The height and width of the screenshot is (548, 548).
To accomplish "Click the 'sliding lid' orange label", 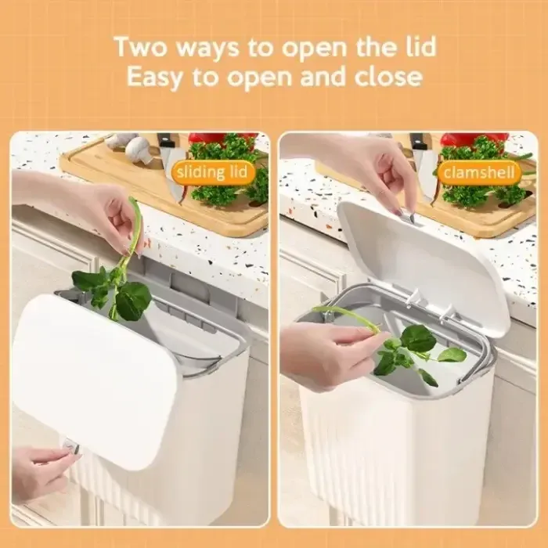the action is [211, 172].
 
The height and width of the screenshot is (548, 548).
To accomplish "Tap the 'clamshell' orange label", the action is [479, 172].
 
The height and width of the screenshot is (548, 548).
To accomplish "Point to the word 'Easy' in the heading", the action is [155, 77].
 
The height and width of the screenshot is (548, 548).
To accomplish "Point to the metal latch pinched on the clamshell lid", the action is [408, 218].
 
